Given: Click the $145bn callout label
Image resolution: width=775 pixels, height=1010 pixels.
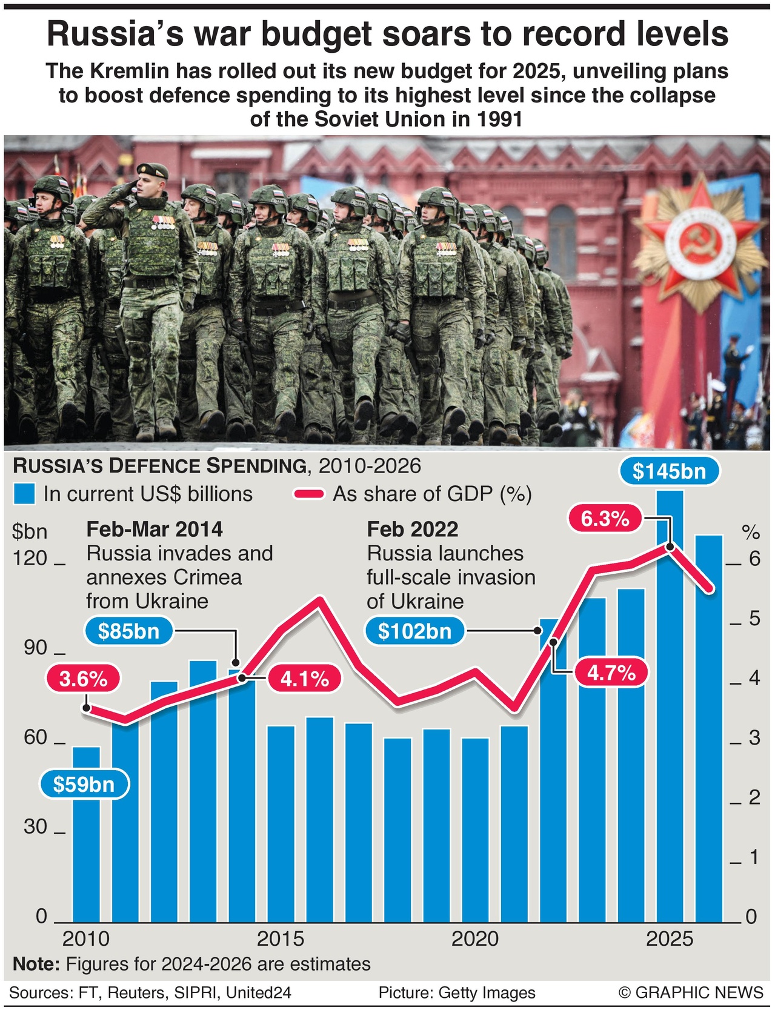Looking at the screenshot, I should coord(669,471).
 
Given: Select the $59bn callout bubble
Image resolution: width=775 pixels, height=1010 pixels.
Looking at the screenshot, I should coord(84,785).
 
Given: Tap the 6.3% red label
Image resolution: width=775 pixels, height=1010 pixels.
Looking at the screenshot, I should coord(604,519).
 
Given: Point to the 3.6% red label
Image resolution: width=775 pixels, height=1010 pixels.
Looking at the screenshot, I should coord(83,679).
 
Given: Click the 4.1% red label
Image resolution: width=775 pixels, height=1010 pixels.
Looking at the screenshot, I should coord(304,679).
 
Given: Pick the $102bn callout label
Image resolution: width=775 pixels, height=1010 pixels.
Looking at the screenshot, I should coord(414,631).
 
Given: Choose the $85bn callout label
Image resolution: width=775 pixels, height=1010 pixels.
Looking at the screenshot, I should coord(128,631).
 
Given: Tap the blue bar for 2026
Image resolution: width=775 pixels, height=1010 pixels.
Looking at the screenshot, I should coord(708,727).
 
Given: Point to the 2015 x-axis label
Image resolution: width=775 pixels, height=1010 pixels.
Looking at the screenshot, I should coord(281,939).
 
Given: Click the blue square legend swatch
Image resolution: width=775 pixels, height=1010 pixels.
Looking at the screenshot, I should coord(25,494).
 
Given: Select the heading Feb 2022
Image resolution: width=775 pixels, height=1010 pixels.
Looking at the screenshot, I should coord(412,529).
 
